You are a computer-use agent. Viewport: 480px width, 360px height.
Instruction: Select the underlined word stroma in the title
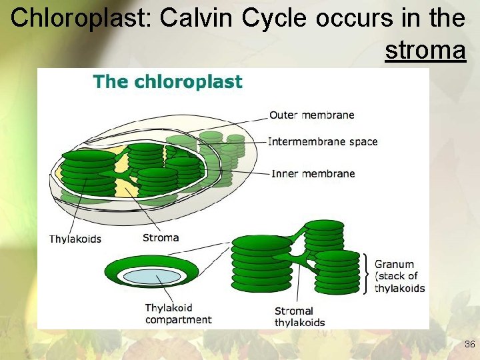[425, 50]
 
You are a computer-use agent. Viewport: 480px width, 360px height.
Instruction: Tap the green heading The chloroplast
[167, 82]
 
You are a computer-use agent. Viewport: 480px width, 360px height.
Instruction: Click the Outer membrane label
[311, 115]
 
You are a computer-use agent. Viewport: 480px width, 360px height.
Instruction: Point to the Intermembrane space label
[323, 141]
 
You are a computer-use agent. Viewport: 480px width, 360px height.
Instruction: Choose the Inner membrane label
[313, 173]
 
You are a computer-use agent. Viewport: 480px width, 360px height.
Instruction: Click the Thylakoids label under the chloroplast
[75, 239]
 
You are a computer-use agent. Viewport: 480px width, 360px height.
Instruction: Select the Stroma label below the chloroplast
[161, 237]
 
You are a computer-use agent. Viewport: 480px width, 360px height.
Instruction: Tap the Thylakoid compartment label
[178, 313]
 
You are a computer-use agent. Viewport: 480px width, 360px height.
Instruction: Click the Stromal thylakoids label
[299, 317]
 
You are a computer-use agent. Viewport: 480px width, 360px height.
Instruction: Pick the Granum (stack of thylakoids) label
[399, 276]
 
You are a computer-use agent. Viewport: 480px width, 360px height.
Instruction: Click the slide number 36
[469, 345]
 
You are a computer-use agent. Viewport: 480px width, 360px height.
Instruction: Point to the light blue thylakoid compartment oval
[152, 276]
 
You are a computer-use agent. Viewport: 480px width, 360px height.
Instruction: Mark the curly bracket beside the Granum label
[366, 273]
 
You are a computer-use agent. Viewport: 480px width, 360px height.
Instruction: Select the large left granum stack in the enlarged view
[261, 263]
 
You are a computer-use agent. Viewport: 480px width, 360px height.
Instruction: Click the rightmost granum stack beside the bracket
[337, 272]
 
